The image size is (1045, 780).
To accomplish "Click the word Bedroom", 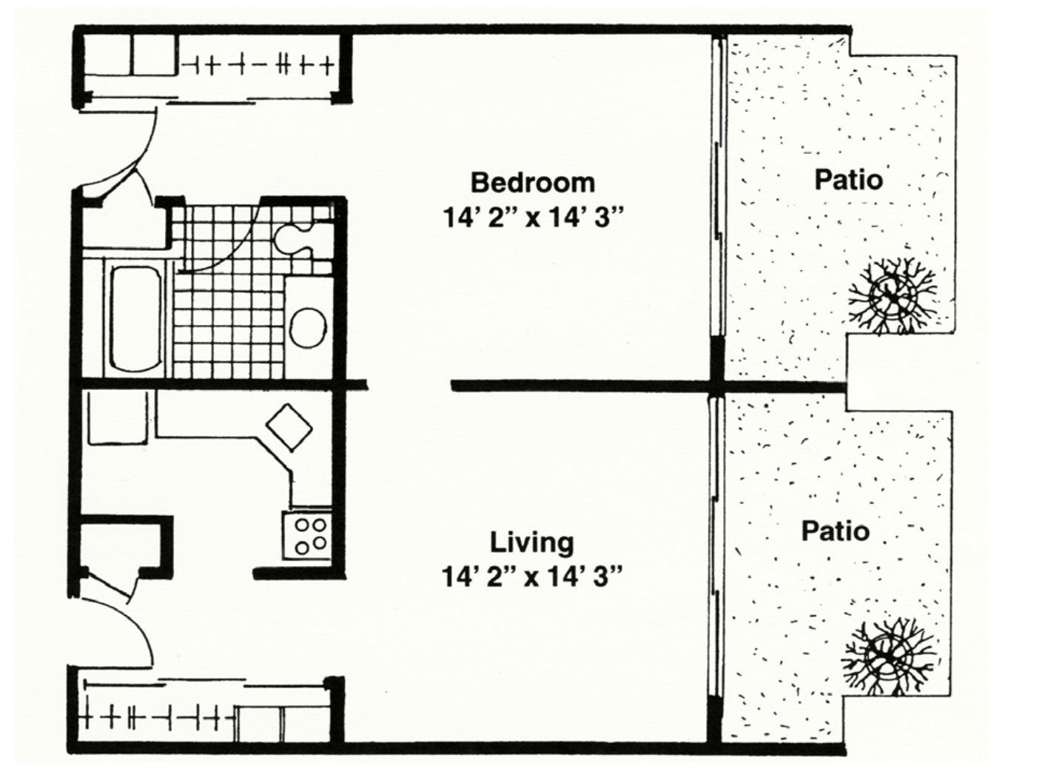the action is [533, 183].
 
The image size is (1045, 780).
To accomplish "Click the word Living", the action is [532, 543].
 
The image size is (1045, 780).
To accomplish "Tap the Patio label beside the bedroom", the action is [849, 180].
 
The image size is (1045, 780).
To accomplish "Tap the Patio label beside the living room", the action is [836, 531].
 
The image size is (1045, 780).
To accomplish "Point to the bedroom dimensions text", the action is [533, 218].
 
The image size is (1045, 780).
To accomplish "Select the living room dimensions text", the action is [532, 576].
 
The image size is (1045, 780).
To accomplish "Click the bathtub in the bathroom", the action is [135, 318].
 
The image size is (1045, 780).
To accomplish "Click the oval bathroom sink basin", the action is [309, 327].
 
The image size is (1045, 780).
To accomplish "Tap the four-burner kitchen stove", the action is [307, 535].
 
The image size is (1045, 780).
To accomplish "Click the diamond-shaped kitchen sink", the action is [289, 427].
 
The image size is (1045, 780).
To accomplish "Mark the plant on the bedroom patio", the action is [892, 296].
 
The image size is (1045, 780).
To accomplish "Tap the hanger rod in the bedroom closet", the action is [257, 65].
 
